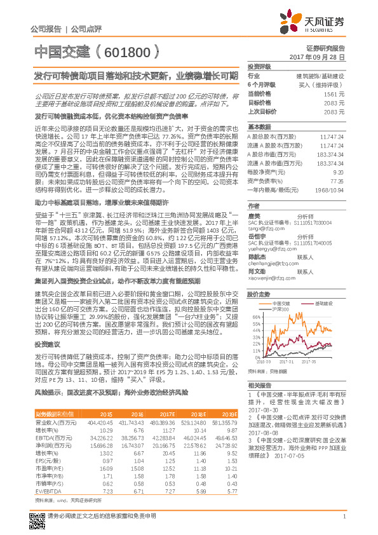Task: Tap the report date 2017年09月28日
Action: point(318,57)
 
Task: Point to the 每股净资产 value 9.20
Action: point(339,172)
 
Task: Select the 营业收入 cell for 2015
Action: point(102,421)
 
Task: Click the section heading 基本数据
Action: point(259,126)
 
